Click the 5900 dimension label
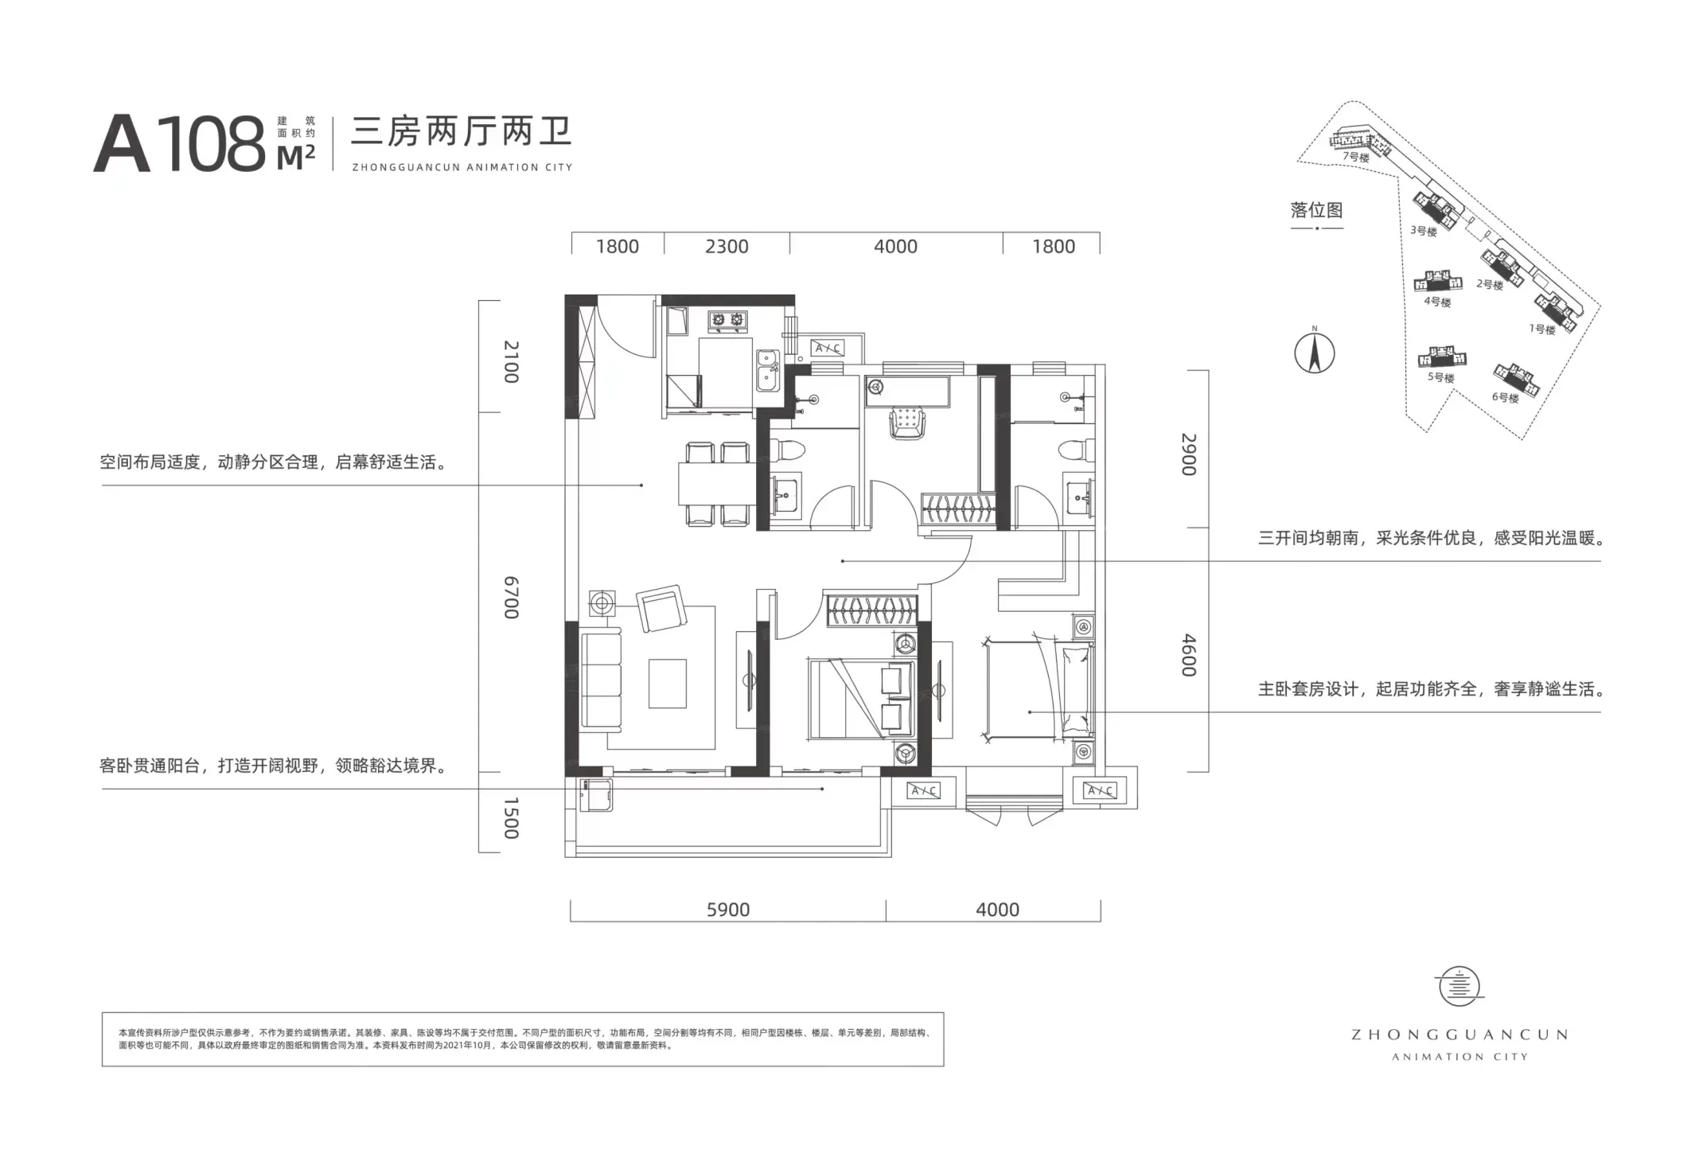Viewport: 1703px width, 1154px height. click(x=728, y=910)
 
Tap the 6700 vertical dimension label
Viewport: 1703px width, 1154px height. click(x=512, y=597)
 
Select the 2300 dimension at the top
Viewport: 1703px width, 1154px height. click(x=727, y=247)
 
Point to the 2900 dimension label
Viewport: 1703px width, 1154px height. click(x=1189, y=454)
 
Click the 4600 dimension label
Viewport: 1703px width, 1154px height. click(x=1189, y=655)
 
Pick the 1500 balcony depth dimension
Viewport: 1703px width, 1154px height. click(x=512, y=817)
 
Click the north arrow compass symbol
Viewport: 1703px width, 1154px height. click(x=1315, y=351)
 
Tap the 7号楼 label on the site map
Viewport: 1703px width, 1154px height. click(x=1356, y=157)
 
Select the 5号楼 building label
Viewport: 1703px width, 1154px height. click(x=1440, y=377)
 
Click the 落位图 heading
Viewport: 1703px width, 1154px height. click(x=1317, y=210)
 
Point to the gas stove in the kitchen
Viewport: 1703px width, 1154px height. click(x=729, y=320)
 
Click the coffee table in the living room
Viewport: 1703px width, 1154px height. click(x=667, y=683)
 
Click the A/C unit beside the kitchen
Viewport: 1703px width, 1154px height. click(x=828, y=348)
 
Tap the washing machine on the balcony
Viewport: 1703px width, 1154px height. click(x=595, y=794)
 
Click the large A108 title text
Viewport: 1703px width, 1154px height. click(x=180, y=143)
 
